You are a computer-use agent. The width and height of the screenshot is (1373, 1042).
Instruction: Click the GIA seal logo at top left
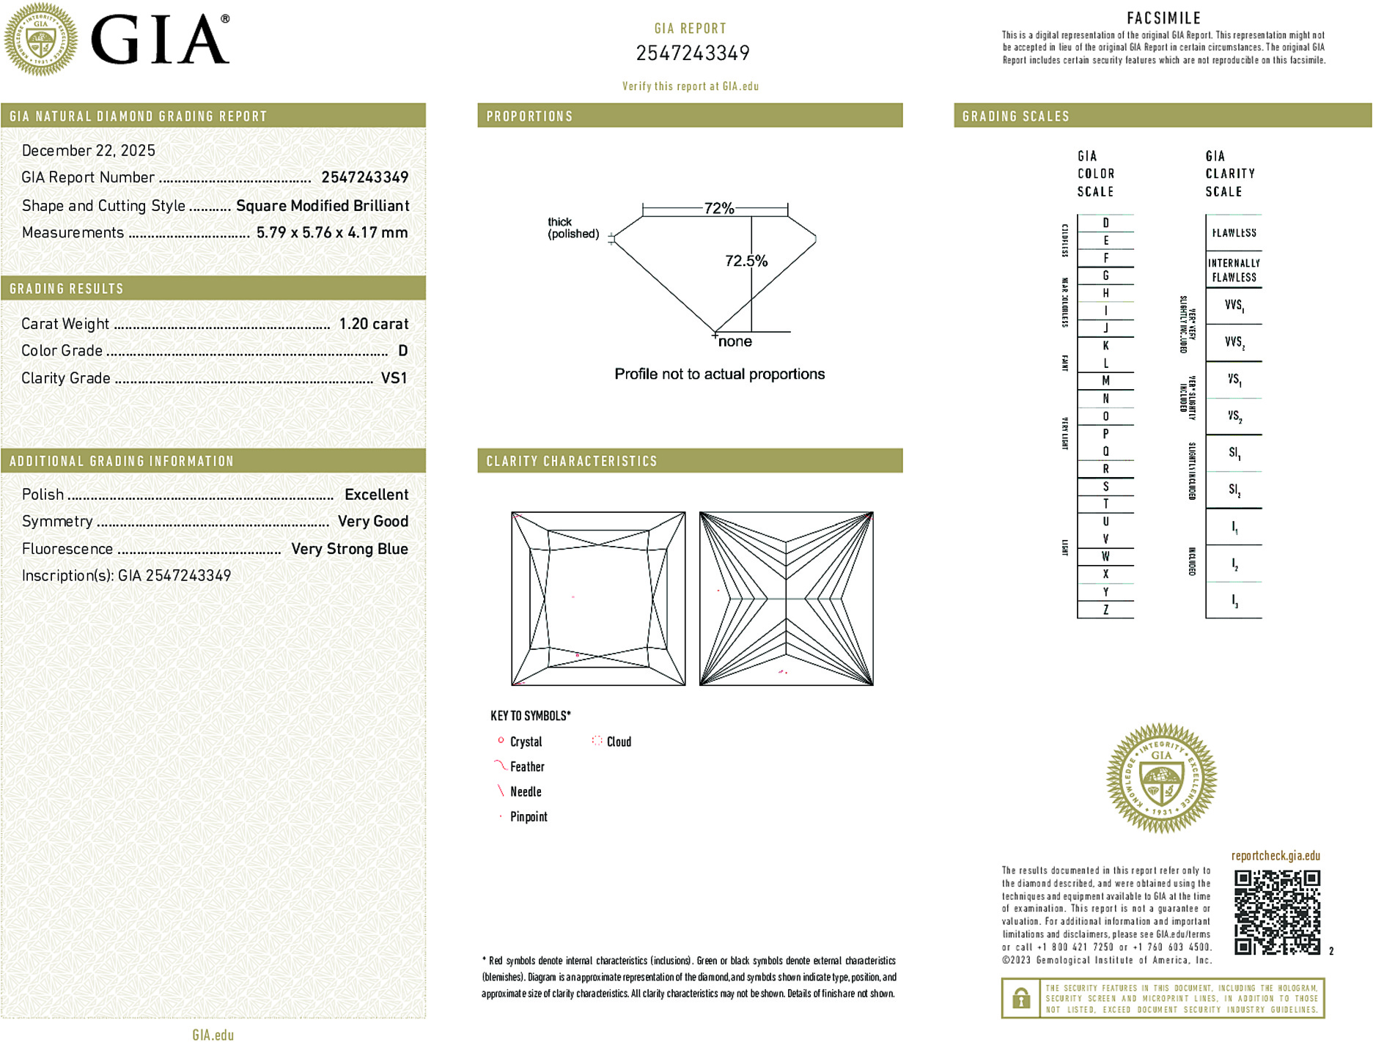pyautogui.click(x=41, y=40)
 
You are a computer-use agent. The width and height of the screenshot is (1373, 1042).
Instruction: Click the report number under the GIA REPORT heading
pyautogui.click(x=692, y=53)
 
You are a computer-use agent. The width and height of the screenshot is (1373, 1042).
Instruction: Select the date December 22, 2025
pyautogui.click(x=89, y=151)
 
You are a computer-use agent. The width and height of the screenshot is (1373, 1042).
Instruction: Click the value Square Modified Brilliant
pyautogui.click(x=323, y=206)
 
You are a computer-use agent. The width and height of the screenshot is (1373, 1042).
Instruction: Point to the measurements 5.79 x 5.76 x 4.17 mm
pyautogui.click(x=331, y=233)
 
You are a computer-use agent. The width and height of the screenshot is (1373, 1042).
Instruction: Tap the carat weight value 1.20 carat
pyautogui.click(x=373, y=324)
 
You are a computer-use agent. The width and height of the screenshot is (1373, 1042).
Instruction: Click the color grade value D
pyautogui.click(x=402, y=351)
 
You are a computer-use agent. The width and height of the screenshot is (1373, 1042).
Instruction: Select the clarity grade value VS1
pyautogui.click(x=394, y=378)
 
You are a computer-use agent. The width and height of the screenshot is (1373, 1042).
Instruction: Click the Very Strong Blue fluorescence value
pyautogui.click(x=349, y=549)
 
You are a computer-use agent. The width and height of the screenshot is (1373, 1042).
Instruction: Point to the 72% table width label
pyautogui.click(x=718, y=208)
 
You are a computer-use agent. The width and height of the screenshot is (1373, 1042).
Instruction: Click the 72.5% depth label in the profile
pyautogui.click(x=746, y=261)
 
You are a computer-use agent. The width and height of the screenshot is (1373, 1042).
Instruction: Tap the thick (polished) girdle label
pyautogui.click(x=573, y=228)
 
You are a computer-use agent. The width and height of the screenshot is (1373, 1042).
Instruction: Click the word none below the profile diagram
pyautogui.click(x=735, y=342)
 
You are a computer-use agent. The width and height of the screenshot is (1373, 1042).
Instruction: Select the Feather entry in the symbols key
pyautogui.click(x=526, y=767)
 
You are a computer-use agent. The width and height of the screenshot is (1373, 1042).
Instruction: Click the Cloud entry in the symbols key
pyautogui.click(x=618, y=742)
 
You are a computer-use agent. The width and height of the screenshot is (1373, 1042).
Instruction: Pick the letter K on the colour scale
pyautogui.click(x=1105, y=346)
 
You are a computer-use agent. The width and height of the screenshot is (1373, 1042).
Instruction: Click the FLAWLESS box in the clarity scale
pyautogui.click(x=1234, y=233)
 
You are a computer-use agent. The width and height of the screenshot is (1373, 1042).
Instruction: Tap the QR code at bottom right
pyautogui.click(x=1276, y=912)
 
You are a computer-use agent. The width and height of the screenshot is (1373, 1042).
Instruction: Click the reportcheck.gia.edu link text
pyautogui.click(x=1275, y=856)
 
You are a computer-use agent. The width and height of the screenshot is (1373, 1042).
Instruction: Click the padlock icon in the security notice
pyautogui.click(x=1020, y=998)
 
